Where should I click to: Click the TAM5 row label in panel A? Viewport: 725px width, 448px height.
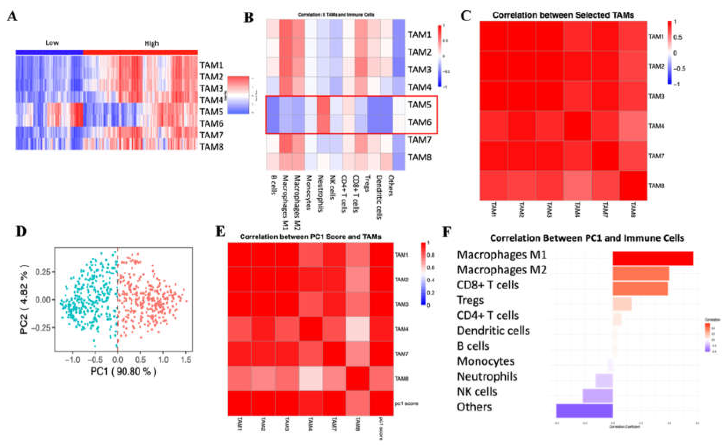point(211,112)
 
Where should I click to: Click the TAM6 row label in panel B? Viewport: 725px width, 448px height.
point(419,122)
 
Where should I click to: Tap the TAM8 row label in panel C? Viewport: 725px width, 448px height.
point(656,186)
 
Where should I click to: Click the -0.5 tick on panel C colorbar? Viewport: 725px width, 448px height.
point(679,68)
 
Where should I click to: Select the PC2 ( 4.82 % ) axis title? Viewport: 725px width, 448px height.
point(25,299)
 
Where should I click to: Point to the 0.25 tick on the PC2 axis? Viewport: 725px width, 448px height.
point(43,272)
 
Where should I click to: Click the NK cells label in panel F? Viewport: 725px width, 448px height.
point(477,392)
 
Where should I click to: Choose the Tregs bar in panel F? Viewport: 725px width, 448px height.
point(622,304)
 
